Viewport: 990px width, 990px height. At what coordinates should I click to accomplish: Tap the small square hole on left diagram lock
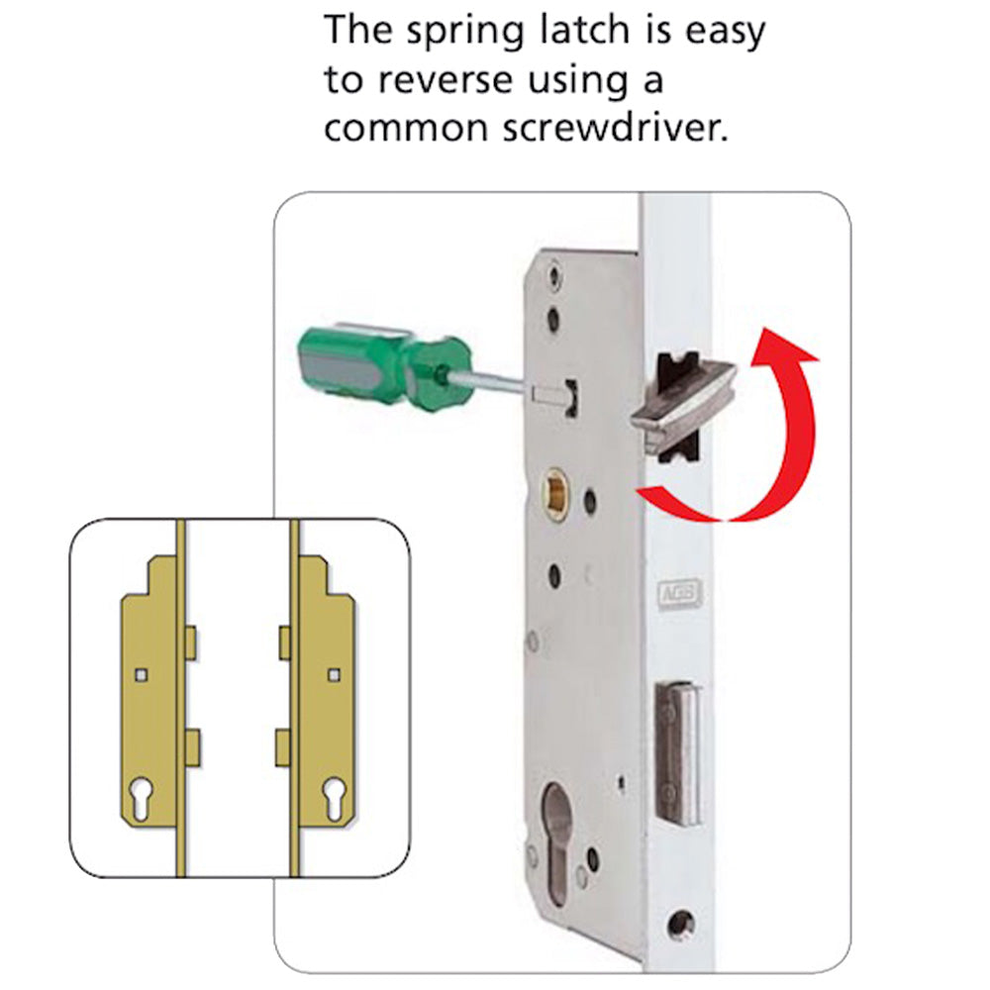(x=143, y=674)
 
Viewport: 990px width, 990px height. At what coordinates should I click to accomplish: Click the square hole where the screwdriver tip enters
(x=569, y=391)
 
